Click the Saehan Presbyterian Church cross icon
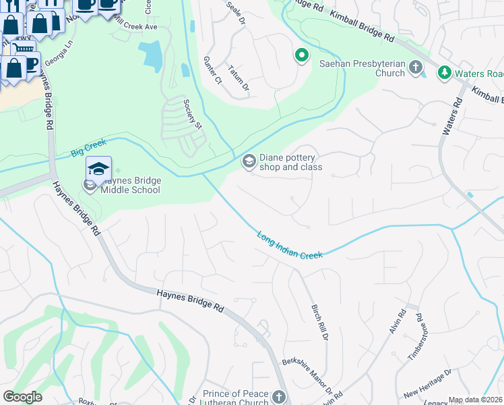(416, 67)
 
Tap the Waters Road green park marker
(444, 72)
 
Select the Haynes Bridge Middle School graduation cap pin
(98, 169)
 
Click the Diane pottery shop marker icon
(248, 161)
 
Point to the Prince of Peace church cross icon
(280, 396)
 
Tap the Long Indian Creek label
(290, 245)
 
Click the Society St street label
(192, 113)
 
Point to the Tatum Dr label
(239, 78)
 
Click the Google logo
(22, 397)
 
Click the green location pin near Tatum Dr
(302, 55)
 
